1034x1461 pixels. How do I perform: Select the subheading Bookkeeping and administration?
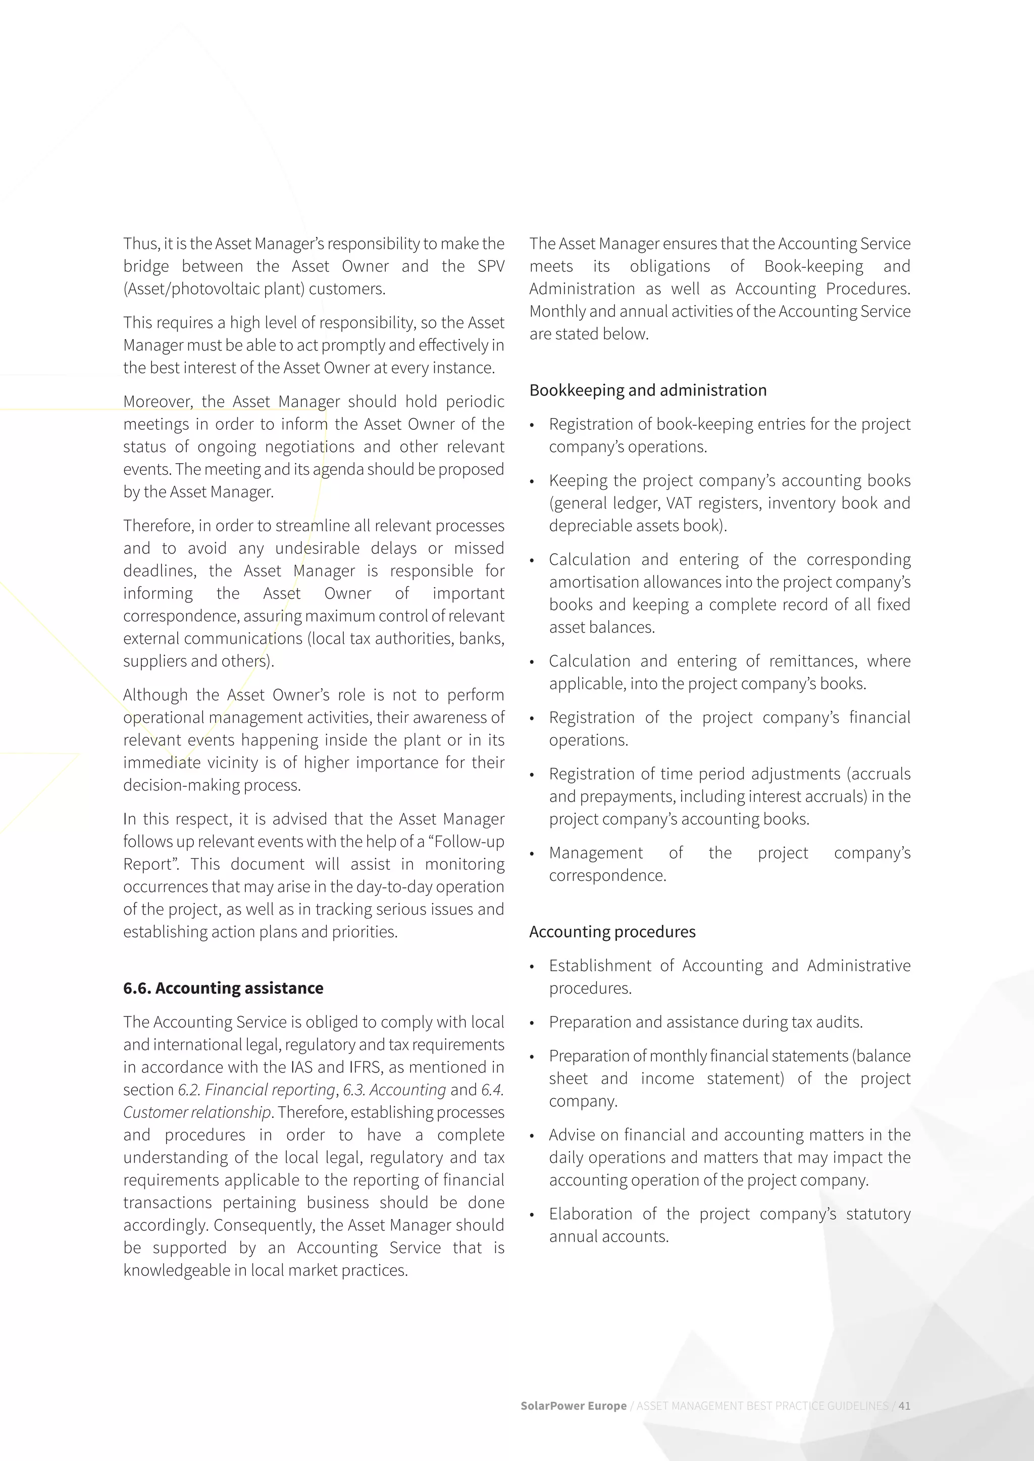(x=648, y=390)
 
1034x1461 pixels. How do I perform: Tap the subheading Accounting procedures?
(x=612, y=932)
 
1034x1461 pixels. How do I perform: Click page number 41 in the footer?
(x=904, y=1406)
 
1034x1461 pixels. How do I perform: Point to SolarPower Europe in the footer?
(x=573, y=1406)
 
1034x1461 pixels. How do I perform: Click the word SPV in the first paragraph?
(x=490, y=266)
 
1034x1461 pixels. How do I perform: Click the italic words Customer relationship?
(x=197, y=1112)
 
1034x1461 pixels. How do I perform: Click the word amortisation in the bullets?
(x=593, y=582)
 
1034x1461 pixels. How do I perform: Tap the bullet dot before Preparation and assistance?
(x=532, y=1023)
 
